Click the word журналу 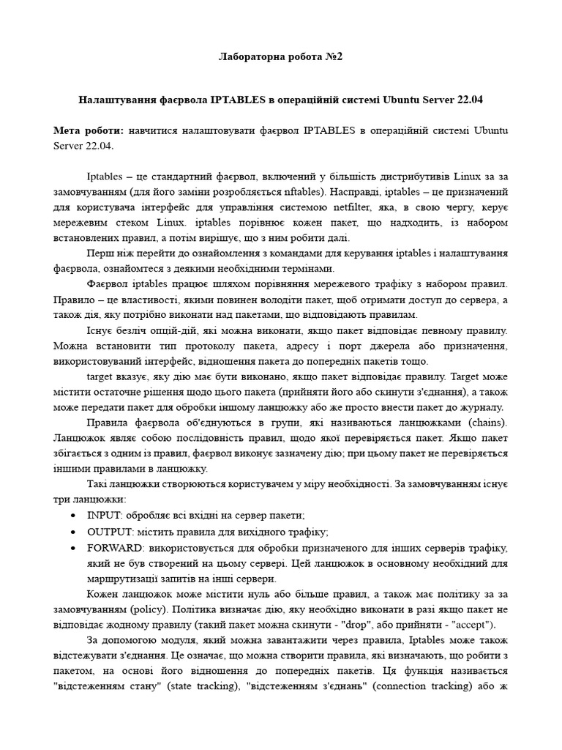coord(479,407)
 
